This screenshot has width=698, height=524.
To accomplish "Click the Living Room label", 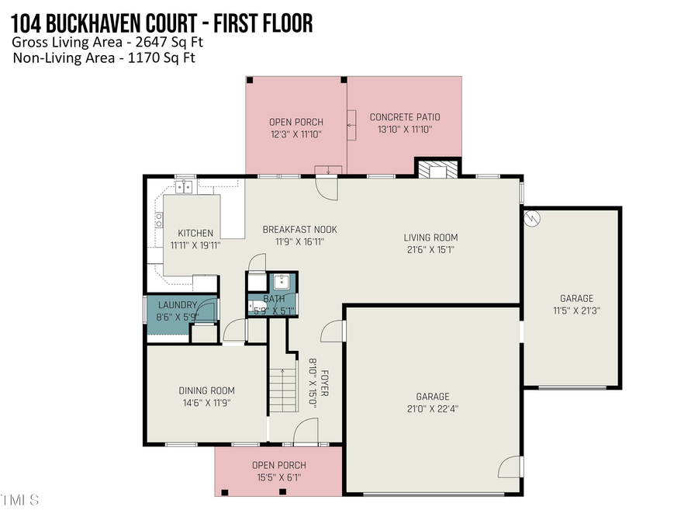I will [x=430, y=238].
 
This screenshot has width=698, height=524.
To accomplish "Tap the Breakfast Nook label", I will [x=299, y=229].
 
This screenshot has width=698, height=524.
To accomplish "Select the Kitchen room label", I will [x=195, y=233].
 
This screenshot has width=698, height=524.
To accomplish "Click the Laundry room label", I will [x=178, y=305].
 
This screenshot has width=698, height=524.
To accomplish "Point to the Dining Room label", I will [x=206, y=390].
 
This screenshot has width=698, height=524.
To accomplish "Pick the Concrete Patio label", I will [x=400, y=117].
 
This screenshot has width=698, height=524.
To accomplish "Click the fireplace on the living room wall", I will [x=438, y=168].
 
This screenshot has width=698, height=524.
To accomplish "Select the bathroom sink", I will [x=281, y=281].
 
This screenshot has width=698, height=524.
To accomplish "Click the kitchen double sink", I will [x=185, y=186].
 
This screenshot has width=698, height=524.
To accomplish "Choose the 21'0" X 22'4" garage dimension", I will [x=432, y=409].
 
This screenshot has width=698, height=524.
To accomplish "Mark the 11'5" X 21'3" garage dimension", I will [x=576, y=311].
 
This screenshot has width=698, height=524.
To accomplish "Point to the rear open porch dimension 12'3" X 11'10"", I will [x=295, y=134].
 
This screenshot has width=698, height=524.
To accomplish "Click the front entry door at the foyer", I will [x=306, y=428].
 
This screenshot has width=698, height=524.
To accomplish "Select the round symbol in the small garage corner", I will [x=532, y=217].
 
